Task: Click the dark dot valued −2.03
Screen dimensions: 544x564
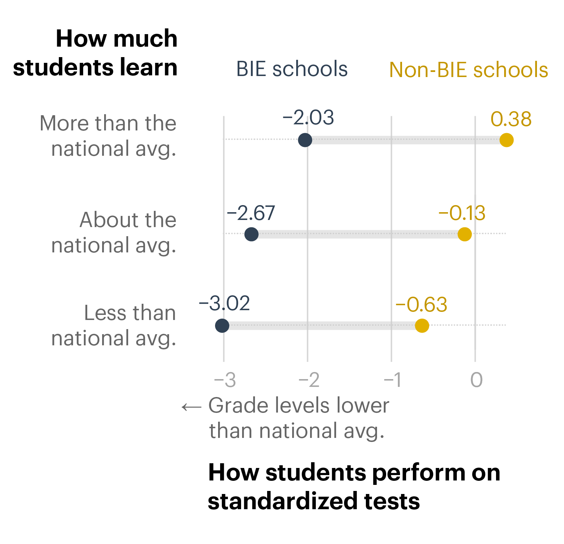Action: (x=305, y=140)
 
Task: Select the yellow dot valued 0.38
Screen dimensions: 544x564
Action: (x=507, y=140)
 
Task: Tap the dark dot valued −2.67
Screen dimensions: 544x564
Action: (x=252, y=234)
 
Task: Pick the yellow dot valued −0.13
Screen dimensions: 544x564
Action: (x=465, y=234)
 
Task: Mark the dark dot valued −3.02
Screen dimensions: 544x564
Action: (x=222, y=326)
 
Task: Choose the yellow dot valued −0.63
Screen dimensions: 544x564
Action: (x=422, y=326)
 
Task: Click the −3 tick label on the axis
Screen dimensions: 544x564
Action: (x=225, y=380)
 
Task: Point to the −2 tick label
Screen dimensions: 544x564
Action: (x=309, y=380)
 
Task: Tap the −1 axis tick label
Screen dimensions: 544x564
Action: (x=393, y=380)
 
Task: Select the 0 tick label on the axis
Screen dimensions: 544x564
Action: (x=476, y=380)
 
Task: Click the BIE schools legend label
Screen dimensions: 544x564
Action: (x=292, y=69)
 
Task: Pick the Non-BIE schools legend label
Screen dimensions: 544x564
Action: (x=468, y=70)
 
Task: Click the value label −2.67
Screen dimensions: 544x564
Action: (x=251, y=213)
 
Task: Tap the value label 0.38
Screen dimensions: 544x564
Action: (x=511, y=119)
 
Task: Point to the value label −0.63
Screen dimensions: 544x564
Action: (x=421, y=304)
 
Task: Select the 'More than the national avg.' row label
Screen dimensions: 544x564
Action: (x=108, y=136)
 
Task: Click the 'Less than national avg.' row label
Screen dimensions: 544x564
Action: (x=114, y=325)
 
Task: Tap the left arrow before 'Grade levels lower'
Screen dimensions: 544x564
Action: (x=191, y=407)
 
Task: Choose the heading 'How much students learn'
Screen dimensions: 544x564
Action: (x=95, y=53)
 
